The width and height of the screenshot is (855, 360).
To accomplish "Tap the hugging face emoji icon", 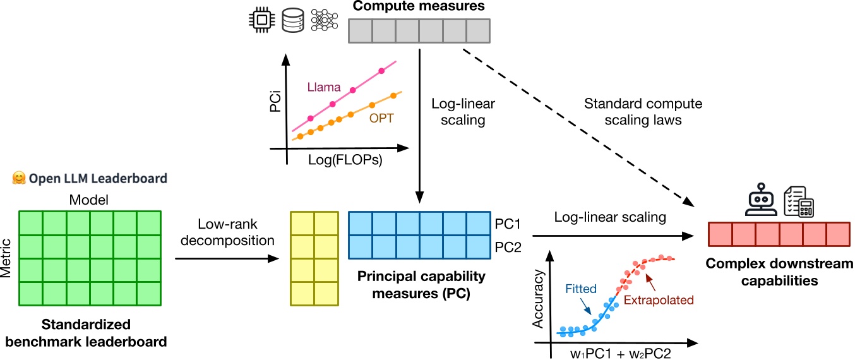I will click(18, 179).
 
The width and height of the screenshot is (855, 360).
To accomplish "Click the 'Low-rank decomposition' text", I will click(227, 232).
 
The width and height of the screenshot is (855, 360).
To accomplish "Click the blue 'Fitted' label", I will click(580, 289).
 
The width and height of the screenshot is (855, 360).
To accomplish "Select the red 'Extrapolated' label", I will click(659, 300).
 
